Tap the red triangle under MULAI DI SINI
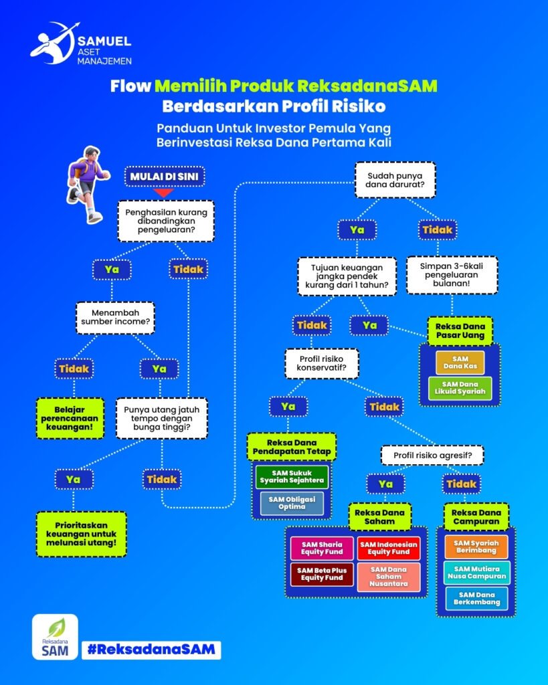[x=159, y=193]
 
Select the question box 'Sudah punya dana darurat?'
[x=395, y=179]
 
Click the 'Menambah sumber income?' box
[x=114, y=318]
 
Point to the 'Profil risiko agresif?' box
[x=432, y=456]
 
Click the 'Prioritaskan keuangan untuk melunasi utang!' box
[x=82, y=534]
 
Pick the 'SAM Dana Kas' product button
[x=460, y=363]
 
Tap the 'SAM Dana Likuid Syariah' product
[x=460, y=389]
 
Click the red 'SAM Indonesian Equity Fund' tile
[x=389, y=549]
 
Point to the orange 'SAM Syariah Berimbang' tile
[x=476, y=547]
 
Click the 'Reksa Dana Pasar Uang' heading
[x=460, y=330]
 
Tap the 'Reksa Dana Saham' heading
[x=379, y=516]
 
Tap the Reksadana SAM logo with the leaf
[x=55, y=637]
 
